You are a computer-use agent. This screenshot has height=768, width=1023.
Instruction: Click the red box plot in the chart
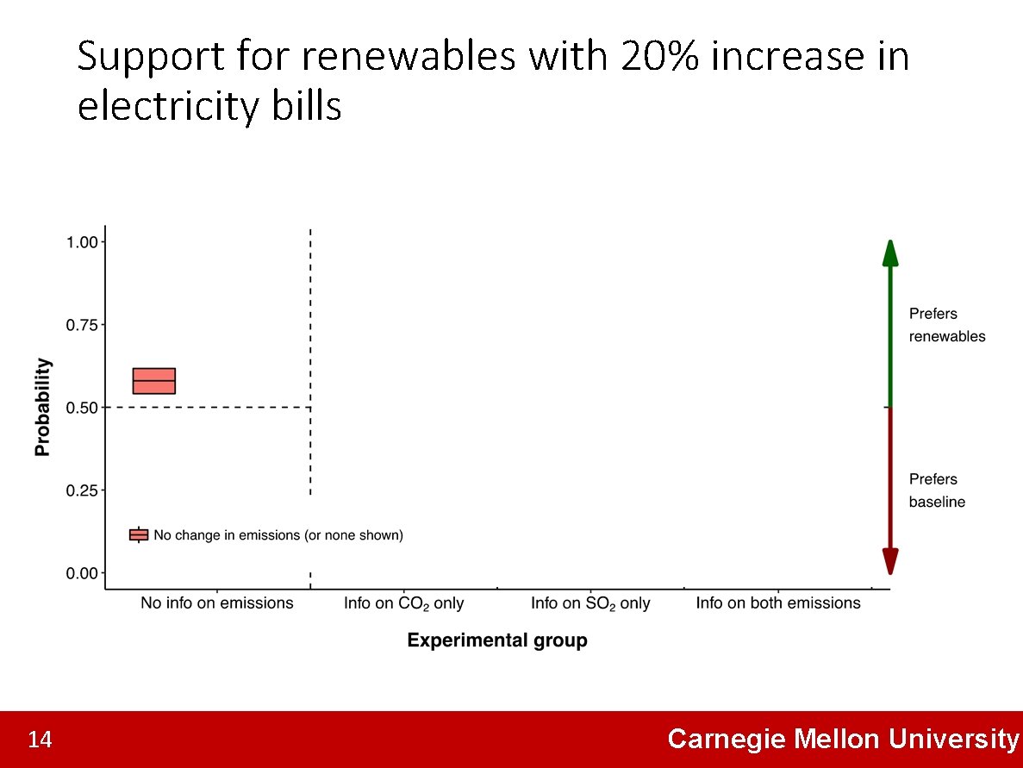tap(154, 381)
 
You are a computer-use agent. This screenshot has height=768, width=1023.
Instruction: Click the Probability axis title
tap(42, 407)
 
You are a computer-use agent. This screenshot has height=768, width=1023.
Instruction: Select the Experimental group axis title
tap(497, 640)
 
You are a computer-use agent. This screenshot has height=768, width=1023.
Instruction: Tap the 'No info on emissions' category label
tap(217, 603)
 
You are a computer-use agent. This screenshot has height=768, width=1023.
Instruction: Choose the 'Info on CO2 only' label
tap(403, 604)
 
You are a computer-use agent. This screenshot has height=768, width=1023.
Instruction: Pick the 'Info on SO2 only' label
tap(590, 604)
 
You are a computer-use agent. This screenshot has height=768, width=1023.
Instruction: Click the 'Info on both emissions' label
tap(778, 603)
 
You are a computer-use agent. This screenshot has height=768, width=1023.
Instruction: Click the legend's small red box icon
tap(139, 535)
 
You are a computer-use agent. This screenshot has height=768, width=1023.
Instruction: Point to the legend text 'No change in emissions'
tap(278, 535)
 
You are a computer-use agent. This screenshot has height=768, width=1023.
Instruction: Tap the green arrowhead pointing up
tap(890, 253)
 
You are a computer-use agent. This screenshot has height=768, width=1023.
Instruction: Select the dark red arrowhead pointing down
tap(890, 561)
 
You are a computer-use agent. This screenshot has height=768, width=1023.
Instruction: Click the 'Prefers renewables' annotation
tap(946, 325)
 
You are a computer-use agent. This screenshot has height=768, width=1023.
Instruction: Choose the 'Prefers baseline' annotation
tap(937, 490)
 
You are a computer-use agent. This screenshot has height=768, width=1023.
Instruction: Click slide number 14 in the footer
tap(40, 740)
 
